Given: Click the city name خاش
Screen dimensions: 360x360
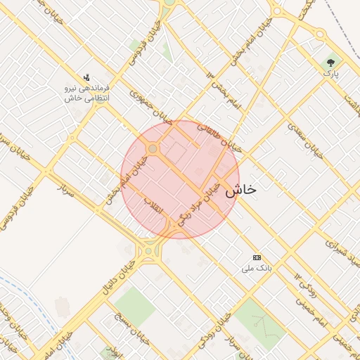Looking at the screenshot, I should tap(241, 190).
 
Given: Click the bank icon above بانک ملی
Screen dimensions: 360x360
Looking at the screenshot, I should tap(257, 257).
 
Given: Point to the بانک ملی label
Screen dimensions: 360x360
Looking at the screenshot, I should tap(256, 268).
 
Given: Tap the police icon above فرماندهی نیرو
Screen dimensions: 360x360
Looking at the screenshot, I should tap(86, 77).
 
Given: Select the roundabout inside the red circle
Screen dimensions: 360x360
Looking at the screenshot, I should tap(153, 149).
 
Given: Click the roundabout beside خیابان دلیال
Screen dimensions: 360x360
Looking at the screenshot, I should tap(148, 251).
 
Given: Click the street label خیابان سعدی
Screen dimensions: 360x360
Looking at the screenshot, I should tap(305, 139).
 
